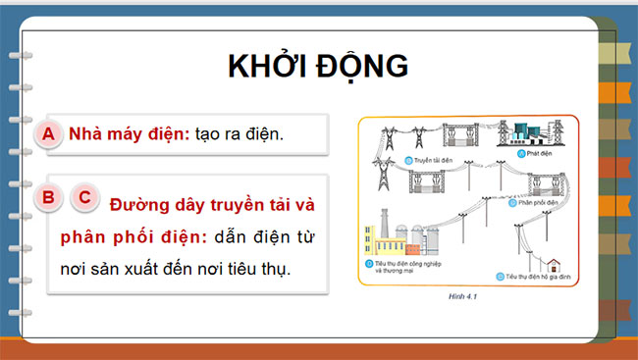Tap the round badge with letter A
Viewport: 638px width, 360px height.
(47, 134)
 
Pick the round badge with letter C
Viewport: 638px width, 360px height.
(84, 197)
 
